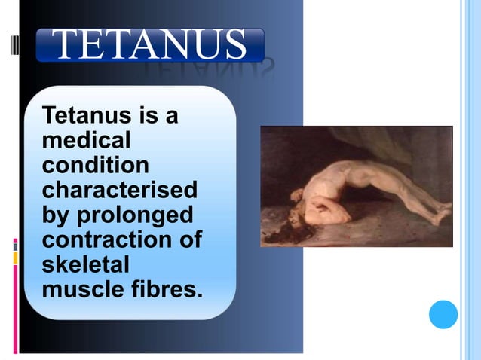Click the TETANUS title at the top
152,45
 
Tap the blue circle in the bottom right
443,314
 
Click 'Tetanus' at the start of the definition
85,116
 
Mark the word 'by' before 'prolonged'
56,215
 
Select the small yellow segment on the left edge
15,258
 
